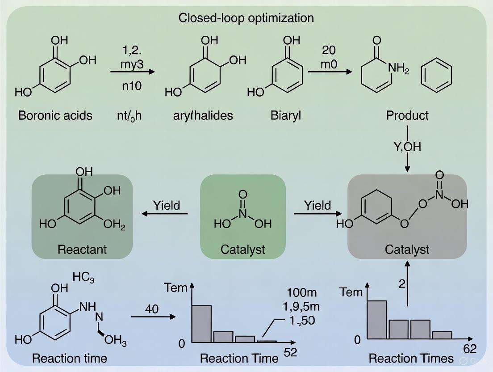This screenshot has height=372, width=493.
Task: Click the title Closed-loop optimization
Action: click(246, 18)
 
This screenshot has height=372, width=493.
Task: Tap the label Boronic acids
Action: click(55, 115)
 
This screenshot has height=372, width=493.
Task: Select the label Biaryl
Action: click(285, 115)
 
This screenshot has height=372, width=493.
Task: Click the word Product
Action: click(407, 115)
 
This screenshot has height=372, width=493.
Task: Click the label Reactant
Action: click(82, 249)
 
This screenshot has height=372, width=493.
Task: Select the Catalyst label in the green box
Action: click(242, 249)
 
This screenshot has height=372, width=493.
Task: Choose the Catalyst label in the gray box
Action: click(407, 249)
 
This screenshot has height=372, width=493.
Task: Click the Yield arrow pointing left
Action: click(165, 214)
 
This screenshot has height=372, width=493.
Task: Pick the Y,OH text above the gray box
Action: click(407, 147)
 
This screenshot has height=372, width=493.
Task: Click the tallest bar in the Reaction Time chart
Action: click(201, 324)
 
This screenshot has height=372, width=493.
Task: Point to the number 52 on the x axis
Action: click(290, 353)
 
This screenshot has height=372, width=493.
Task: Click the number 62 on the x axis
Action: click(469, 349)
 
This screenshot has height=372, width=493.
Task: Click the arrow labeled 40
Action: click(152, 317)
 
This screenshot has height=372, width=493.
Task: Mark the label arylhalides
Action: click(203, 115)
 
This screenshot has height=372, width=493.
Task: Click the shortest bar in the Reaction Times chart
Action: click(442, 335)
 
